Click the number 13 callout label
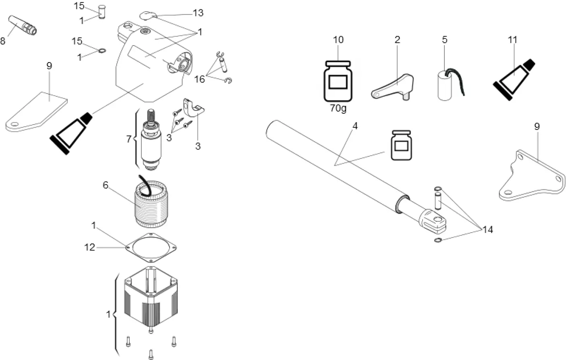click(198, 13)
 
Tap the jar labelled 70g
click(338, 81)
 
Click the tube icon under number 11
click(514, 79)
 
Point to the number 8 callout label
click(3, 41)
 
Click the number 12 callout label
click(89, 247)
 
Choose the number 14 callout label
click(487, 229)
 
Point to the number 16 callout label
click(199, 79)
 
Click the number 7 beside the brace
click(129, 139)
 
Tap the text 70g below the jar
click(338, 108)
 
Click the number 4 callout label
click(355, 126)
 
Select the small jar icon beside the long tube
click(402, 145)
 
